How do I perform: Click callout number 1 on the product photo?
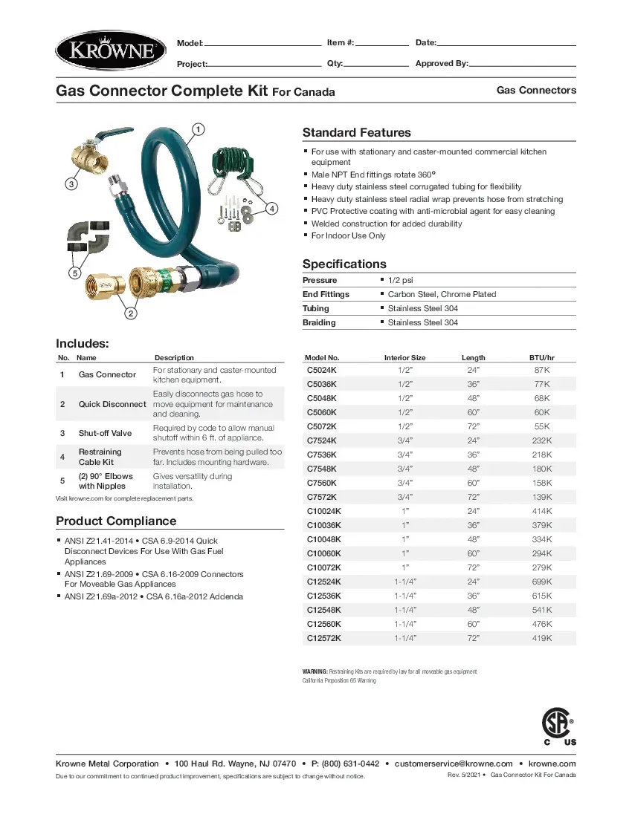pyautogui.click(x=198, y=129)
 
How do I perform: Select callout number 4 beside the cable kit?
pyautogui.click(x=272, y=209)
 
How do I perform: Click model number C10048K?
pyautogui.click(x=324, y=539)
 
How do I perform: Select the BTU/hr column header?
pyautogui.click(x=541, y=357)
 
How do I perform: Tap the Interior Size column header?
pyautogui.click(x=404, y=357)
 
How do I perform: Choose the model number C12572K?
pyautogui.click(x=324, y=638)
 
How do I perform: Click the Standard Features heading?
pyautogui.click(x=356, y=133)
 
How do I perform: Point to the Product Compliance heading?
pyautogui.click(x=116, y=521)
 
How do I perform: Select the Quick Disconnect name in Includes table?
pyautogui.click(x=112, y=404)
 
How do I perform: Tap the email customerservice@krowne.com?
pyautogui.click(x=454, y=764)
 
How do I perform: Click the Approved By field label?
pyautogui.click(x=442, y=64)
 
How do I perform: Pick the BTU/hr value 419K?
pyautogui.click(x=541, y=638)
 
